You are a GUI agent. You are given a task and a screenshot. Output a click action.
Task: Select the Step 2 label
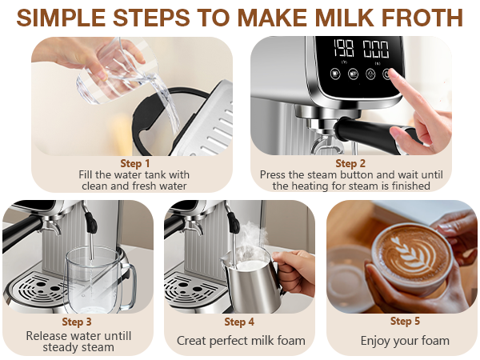[351, 162]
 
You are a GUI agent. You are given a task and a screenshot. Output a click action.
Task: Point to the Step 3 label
[78, 322]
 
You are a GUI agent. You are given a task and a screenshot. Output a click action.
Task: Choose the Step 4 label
[240, 322]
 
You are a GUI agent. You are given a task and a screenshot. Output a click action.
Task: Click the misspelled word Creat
[193, 341]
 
